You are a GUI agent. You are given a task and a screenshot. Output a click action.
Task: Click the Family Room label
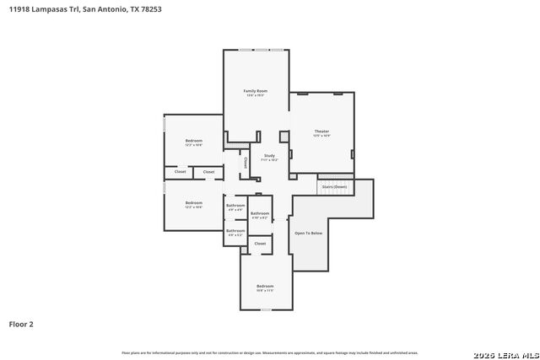tap(256, 90)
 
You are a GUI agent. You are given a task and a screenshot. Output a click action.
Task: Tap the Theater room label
tap(321, 132)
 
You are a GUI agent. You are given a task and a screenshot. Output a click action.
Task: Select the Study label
tap(269, 155)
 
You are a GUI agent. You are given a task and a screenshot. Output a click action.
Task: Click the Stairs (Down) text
tap(333, 186)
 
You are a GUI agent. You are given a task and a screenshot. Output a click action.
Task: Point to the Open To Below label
tap(308, 233)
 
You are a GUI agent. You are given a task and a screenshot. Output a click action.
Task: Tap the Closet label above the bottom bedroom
tap(260, 244)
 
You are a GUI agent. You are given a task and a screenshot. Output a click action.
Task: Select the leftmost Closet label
tap(180, 172)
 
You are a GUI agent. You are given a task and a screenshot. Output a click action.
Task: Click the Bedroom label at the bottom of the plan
tap(265, 287)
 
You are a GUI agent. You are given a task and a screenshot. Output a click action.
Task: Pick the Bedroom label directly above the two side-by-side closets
tap(194, 141)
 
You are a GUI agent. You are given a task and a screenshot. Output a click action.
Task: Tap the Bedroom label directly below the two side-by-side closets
tap(194, 202)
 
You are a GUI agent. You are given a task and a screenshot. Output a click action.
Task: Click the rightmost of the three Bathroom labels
tap(260, 213)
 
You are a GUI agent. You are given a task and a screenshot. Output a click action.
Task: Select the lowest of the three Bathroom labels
tap(235, 231)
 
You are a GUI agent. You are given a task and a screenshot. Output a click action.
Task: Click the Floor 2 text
tap(21, 324)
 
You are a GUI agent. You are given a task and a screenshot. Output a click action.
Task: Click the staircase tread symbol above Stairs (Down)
tap(333, 180)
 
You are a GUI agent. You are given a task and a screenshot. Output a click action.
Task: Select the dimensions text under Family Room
tap(256, 95)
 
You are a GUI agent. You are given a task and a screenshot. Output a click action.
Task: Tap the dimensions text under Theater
tap(321, 136)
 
